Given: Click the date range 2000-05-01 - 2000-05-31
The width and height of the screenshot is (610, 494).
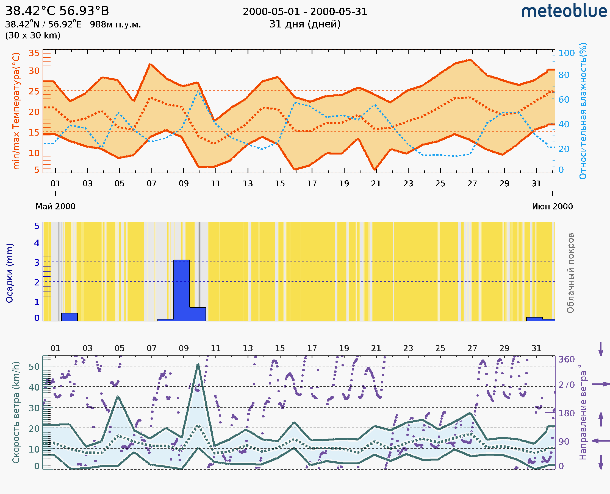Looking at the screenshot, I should (x=305, y=12).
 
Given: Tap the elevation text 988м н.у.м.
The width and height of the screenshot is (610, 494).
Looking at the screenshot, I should (x=115, y=24).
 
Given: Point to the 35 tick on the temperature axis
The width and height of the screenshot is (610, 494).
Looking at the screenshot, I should (x=34, y=53).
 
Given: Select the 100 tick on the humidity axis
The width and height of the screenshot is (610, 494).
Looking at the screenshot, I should (x=566, y=53).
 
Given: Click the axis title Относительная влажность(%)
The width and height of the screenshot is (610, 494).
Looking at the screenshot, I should (x=583, y=111).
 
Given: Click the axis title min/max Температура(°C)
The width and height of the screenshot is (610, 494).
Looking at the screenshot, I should (x=16, y=111).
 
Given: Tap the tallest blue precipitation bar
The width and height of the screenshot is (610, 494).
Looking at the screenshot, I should (x=182, y=290).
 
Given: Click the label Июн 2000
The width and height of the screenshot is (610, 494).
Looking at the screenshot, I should (x=552, y=206).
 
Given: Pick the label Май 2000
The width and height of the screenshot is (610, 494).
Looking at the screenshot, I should (x=55, y=206).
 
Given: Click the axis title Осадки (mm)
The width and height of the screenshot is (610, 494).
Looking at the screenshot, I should (x=9, y=273).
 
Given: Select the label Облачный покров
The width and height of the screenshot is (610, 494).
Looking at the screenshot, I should (x=570, y=273).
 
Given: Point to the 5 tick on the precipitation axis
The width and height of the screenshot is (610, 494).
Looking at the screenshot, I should (x=37, y=226).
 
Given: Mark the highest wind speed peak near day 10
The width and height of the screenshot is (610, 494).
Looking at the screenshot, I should (x=198, y=365).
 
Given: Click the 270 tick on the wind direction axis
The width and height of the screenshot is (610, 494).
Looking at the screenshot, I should (x=566, y=385).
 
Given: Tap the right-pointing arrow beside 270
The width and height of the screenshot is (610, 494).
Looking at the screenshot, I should (x=601, y=384).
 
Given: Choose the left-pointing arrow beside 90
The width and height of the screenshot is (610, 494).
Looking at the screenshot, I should (x=601, y=441).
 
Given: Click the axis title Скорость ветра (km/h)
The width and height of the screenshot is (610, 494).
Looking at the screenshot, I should (x=16, y=412).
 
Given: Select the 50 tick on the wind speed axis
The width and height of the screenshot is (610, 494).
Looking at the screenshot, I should (x=34, y=366).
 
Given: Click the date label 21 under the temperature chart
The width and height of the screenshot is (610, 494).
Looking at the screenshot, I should (x=376, y=184).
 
